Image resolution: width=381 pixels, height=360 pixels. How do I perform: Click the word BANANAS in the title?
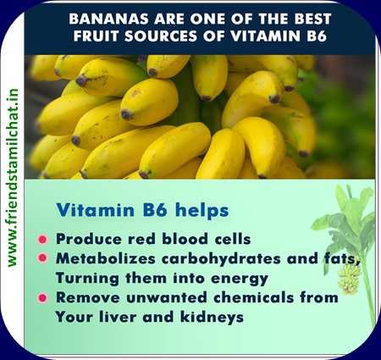[109, 19]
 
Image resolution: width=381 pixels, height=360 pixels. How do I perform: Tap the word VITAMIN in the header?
[266, 36]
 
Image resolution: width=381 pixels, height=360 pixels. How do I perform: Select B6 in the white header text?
[317, 36]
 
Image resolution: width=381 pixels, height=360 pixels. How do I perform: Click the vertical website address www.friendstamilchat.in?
[13, 178]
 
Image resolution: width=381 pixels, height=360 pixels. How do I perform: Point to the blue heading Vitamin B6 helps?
[142, 210]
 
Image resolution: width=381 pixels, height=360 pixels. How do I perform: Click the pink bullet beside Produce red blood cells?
[42, 240]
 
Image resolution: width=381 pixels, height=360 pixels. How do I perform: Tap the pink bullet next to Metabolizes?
[42, 258]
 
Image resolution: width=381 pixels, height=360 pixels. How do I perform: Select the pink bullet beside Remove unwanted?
[42, 298]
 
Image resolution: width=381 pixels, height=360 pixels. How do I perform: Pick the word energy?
[240, 279]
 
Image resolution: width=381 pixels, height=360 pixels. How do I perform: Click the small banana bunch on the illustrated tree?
[350, 280]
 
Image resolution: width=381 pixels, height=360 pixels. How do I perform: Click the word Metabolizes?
[106, 258]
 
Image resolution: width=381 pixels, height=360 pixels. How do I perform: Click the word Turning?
[87, 279]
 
